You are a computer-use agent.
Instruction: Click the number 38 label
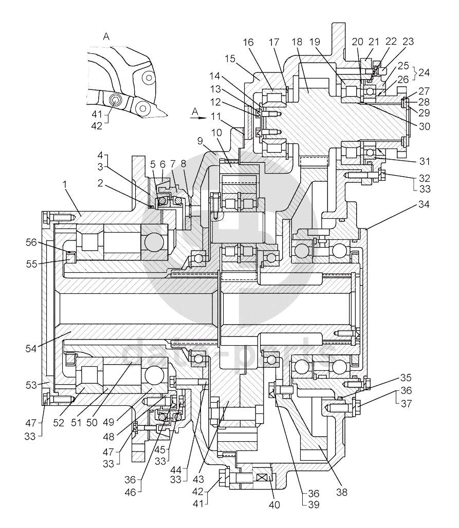tap(341, 492)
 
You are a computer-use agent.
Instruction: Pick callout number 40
tap(274, 504)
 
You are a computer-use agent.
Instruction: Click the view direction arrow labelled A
tap(196, 116)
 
